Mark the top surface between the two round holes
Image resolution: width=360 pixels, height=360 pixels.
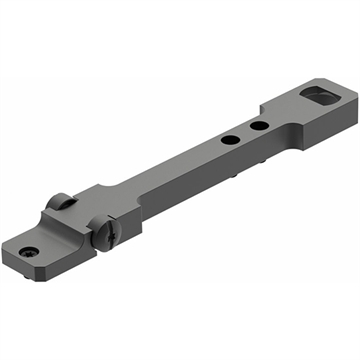click(x=245, y=134)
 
